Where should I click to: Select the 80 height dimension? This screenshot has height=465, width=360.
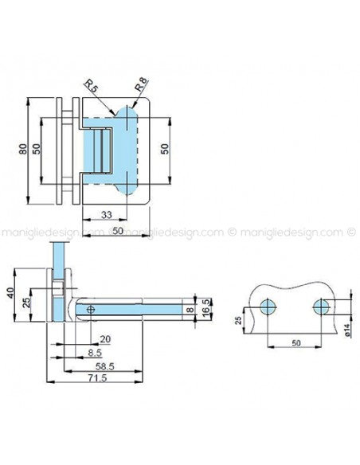click(x=24, y=149)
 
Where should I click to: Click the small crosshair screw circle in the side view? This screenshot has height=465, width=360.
click(x=92, y=308)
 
